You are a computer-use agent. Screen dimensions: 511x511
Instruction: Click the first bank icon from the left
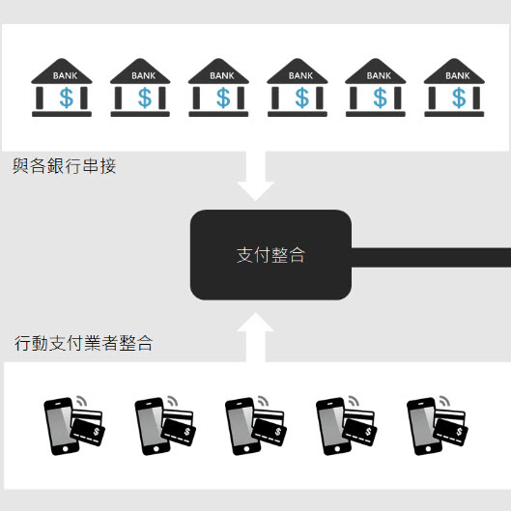click(62, 87)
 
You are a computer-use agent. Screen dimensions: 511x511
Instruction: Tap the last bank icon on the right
click(454, 87)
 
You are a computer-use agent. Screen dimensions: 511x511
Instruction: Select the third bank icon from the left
click(218, 87)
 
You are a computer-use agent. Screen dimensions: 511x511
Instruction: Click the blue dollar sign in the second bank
click(145, 98)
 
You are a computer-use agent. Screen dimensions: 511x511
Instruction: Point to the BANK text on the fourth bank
click(300, 76)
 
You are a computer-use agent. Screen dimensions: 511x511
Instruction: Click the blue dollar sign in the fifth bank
click(380, 98)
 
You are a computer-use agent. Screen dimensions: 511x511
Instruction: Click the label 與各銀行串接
click(64, 166)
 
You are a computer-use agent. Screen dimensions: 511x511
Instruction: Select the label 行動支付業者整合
click(84, 343)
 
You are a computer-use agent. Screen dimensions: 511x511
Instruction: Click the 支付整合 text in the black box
click(270, 255)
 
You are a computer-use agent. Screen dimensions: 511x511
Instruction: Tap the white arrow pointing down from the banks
click(256, 176)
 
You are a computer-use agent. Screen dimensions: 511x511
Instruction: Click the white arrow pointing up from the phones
click(255, 337)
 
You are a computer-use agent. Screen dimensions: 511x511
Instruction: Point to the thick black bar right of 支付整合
click(431, 258)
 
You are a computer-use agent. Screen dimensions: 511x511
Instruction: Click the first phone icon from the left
click(61, 426)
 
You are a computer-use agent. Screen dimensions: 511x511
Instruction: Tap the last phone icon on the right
click(424, 426)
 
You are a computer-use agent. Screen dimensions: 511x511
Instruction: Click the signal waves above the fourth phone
click(354, 401)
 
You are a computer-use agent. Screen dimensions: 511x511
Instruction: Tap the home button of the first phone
click(65, 449)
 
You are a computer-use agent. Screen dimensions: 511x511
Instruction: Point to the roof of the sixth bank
click(454, 71)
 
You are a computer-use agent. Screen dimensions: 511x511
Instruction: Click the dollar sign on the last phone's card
click(459, 432)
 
